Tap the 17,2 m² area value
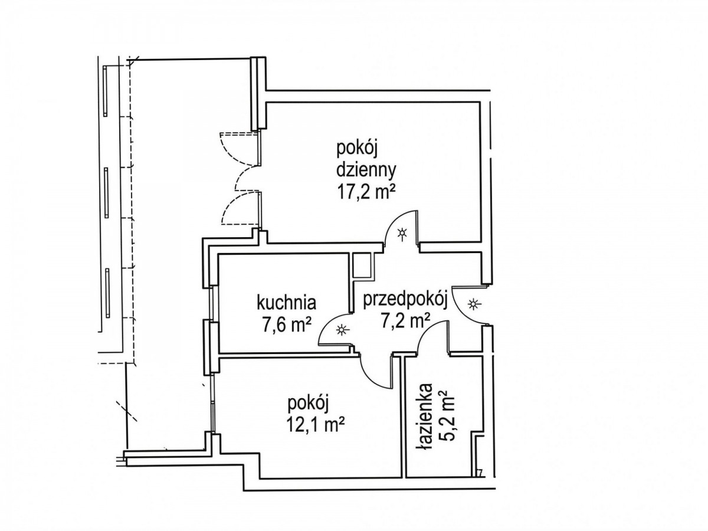coord(366,192)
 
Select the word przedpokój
coord(405,301)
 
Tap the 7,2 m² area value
coord(405,321)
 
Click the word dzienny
coord(366,171)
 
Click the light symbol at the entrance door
coord(473,304)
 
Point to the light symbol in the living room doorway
coord(402,234)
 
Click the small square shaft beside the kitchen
coord(362,265)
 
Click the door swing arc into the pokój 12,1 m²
coord(371,377)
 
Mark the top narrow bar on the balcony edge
coord(105,91)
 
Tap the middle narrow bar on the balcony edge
coord(106,193)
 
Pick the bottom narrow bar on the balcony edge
coord(107,293)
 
